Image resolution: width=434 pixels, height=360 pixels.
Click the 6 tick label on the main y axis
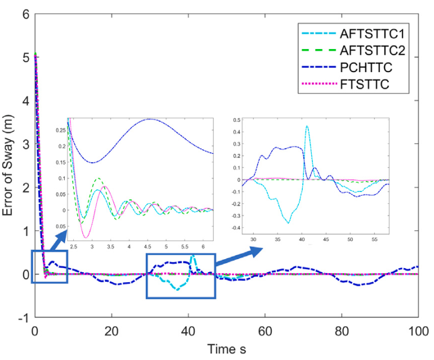pyautogui.click(x=25, y=14)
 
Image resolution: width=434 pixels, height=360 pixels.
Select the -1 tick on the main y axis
pyautogui.click(x=23, y=318)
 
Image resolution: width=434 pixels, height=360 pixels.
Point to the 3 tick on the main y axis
pyautogui.click(x=25, y=144)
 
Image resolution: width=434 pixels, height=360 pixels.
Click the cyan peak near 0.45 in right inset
pyautogui.click(x=307, y=126)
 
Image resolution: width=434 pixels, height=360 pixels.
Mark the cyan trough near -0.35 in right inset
pyautogui.click(x=289, y=223)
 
